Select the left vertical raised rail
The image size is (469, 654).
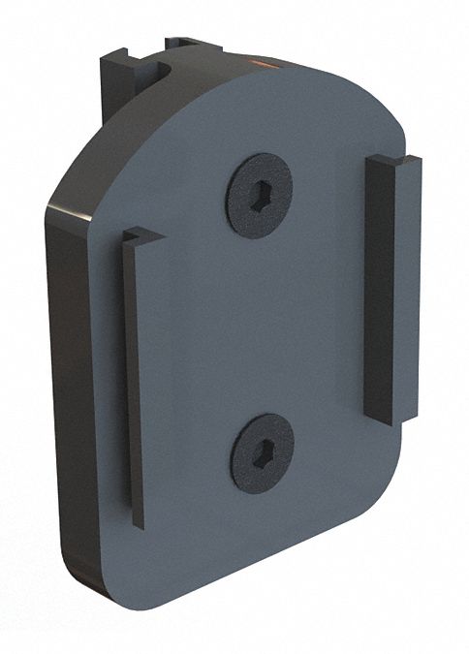tap(134, 378)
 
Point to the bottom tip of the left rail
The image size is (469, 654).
tap(139, 523)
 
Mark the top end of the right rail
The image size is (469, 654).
tap(394, 160)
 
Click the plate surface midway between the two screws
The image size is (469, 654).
tap(261, 323)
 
